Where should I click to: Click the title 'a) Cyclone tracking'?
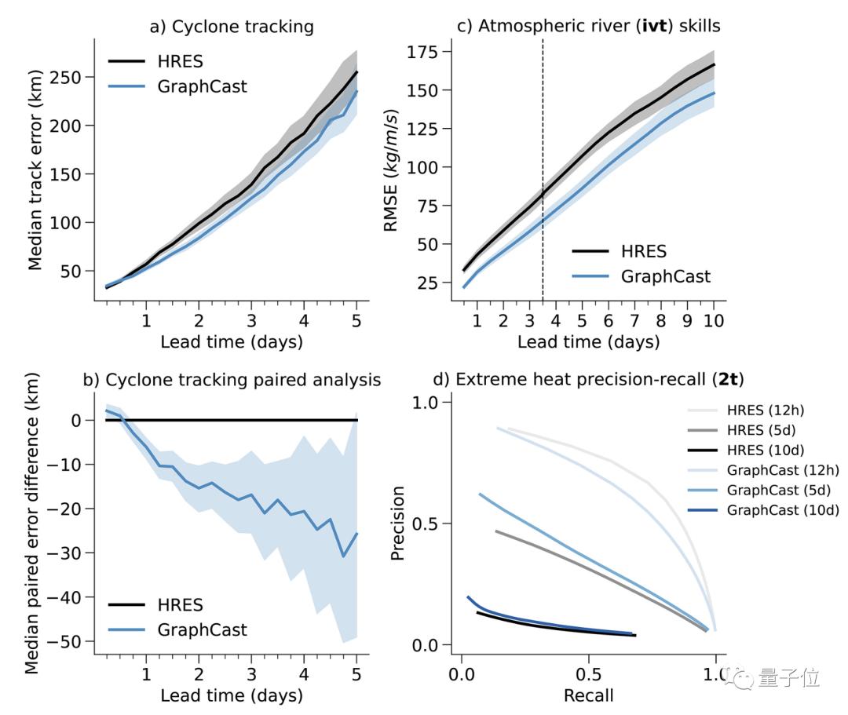pos(232,27)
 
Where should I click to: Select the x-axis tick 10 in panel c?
pos(714,320)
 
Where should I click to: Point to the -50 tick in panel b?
pos(68,642)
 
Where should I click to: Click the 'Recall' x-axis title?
pos(588,695)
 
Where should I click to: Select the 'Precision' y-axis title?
pos(398,523)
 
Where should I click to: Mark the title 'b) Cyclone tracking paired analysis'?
pos(232,380)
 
